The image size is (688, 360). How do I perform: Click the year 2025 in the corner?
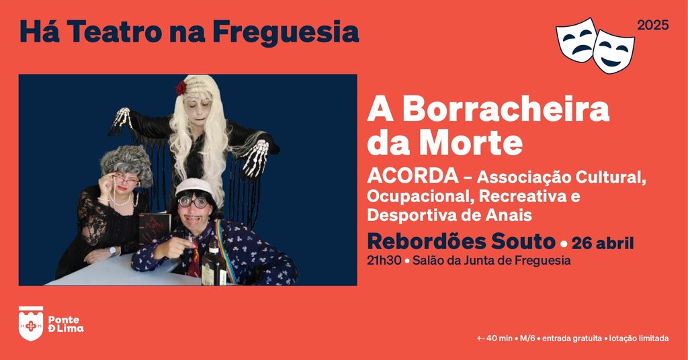(653, 26)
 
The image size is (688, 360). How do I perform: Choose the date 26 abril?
(603, 243)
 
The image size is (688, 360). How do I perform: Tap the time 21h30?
(384, 261)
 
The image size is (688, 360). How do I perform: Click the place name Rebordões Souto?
(461, 242)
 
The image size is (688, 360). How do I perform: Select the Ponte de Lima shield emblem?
(31, 324)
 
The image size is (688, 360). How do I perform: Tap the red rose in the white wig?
(181, 88)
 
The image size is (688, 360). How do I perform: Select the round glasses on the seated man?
(193, 201)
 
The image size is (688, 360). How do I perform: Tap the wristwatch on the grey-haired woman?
(112, 251)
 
